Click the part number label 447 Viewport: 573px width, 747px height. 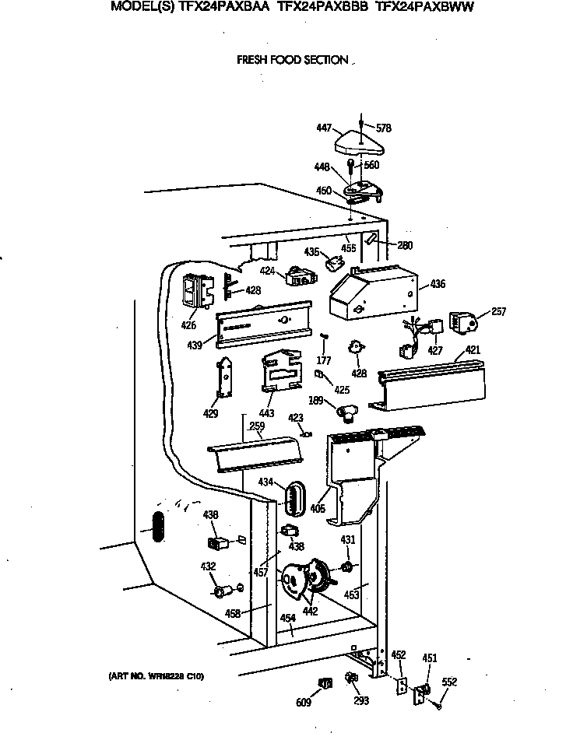tap(325, 128)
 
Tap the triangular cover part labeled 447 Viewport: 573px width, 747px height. tap(358, 143)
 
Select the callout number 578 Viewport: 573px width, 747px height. tap(382, 128)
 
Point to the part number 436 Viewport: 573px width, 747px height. tap(438, 284)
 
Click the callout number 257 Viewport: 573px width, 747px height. tap(498, 312)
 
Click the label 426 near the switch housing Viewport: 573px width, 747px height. tap(189, 326)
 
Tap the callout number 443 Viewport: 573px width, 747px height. tap(266, 412)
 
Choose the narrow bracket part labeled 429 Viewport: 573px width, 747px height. tap(226, 381)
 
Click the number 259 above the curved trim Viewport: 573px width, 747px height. tap(256, 426)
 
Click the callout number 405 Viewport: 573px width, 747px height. tap(318, 509)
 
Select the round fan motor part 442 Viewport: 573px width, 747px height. tap(305, 580)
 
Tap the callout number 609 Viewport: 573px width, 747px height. tap(303, 703)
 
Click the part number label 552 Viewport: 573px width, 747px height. tap(449, 682)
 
